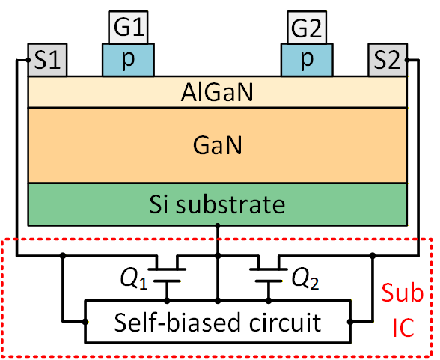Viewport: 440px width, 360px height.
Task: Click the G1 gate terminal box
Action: coord(128,27)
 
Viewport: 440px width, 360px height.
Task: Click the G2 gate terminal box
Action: coord(307,27)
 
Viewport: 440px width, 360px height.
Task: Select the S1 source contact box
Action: coord(47,60)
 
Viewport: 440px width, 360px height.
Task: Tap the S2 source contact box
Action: coord(388,60)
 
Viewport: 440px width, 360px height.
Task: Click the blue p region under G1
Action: coord(128,60)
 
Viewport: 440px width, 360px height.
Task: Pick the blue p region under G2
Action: coord(307,60)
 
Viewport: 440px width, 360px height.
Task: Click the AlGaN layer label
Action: coord(217,92)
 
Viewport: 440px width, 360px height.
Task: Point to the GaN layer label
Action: coord(217,145)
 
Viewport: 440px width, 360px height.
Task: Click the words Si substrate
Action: coord(217,204)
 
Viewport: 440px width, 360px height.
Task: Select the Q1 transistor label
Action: coord(134,279)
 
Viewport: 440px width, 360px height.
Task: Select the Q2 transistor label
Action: coord(305,279)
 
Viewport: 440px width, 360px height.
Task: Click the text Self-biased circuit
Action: coord(218,323)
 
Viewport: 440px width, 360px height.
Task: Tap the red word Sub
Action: coord(402,293)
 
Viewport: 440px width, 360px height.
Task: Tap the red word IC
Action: coord(403,328)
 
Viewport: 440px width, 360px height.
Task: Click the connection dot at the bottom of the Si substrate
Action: coord(218,225)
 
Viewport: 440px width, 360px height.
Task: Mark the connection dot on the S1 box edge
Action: coord(28,60)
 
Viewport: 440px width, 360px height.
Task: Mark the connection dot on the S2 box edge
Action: coord(407,60)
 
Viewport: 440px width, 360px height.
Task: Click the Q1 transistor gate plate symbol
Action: coord(167,281)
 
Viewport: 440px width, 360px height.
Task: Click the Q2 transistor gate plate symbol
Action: coord(269,281)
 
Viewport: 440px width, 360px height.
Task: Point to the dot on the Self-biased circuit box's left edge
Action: coord(85,322)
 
